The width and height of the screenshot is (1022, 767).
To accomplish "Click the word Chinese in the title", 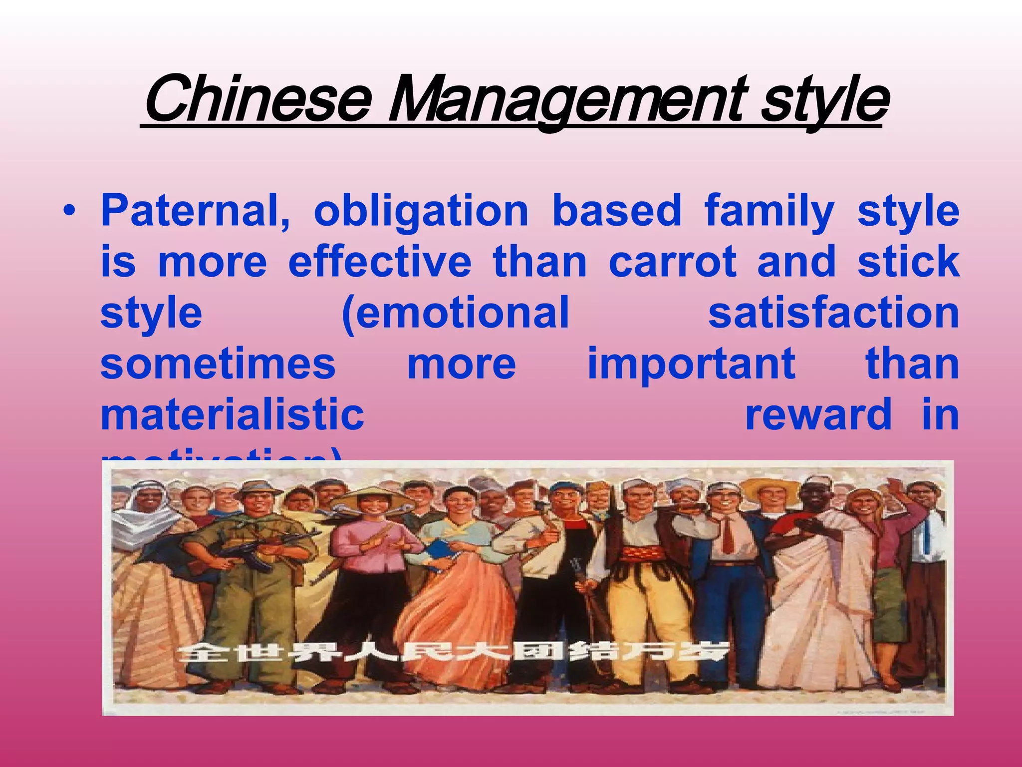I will point(258,100).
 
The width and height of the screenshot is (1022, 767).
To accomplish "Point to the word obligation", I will point(421,212).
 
